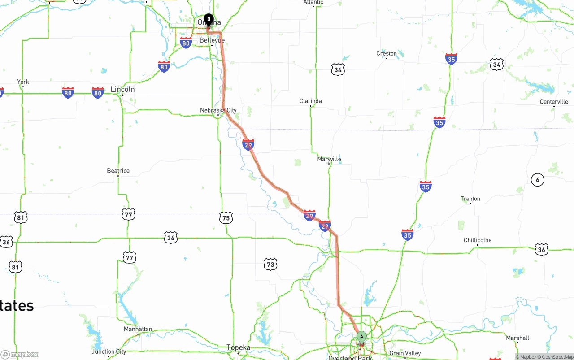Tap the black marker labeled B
209,20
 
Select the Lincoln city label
122,89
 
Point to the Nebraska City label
218,110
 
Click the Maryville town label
329,159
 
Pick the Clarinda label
310,101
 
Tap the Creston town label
387,53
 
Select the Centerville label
554,102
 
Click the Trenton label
470,199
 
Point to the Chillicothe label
478,240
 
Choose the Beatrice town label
118,171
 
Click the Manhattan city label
138,329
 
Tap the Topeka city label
239,347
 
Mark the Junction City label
109,351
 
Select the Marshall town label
517,338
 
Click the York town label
23,82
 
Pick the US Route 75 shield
226,218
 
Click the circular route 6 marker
537,180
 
